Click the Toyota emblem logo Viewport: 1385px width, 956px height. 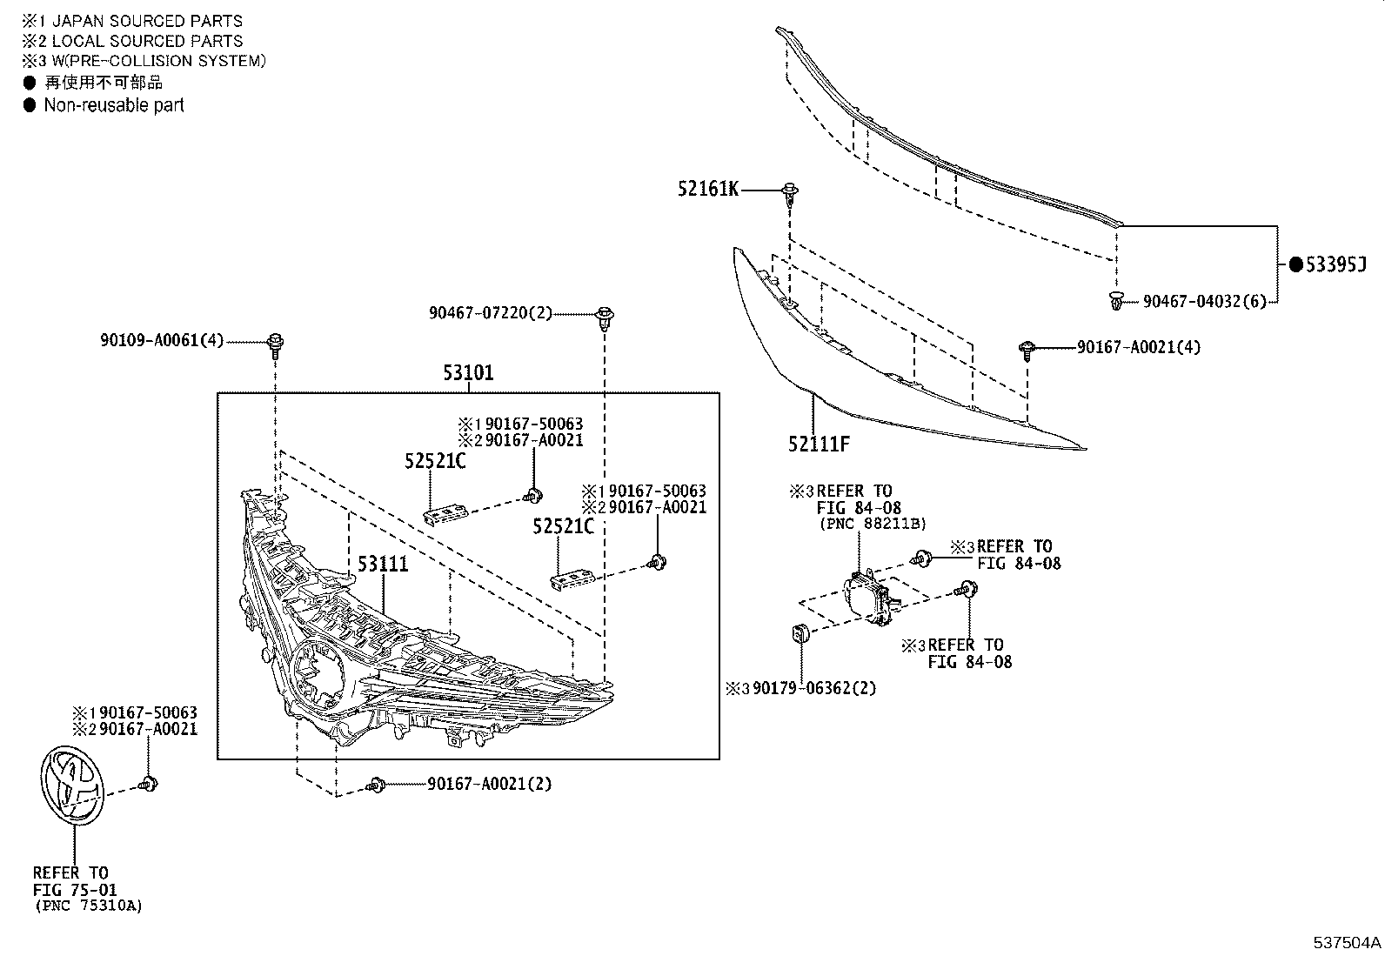[x=71, y=783]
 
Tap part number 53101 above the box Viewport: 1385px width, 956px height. [x=468, y=373]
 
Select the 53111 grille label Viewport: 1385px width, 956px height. [x=383, y=565]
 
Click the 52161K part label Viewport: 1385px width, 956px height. [x=708, y=188]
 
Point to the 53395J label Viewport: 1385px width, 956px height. [x=1335, y=264]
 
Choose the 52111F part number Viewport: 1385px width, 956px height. [x=819, y=444]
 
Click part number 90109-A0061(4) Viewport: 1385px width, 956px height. [x=162, y=341]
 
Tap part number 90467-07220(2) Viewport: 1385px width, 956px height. [x=490, y=312]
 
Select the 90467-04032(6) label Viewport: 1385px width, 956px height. [x=1204, y=301]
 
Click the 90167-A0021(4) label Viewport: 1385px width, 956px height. [x=1138, y=347]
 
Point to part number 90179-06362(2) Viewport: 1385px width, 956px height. [x=814, y=688]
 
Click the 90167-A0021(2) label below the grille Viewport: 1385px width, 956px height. [x=489, y=784]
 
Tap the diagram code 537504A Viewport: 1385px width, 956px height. [x=1347, y=942]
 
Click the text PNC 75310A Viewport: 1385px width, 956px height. [x=88, y=906]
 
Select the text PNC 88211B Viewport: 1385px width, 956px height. [x=873, y=524]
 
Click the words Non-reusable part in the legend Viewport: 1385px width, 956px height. [x=114, y=105]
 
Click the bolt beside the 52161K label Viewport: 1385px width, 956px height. [x=790, y=192]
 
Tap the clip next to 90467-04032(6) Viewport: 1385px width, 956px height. [x=1116, y=301]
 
